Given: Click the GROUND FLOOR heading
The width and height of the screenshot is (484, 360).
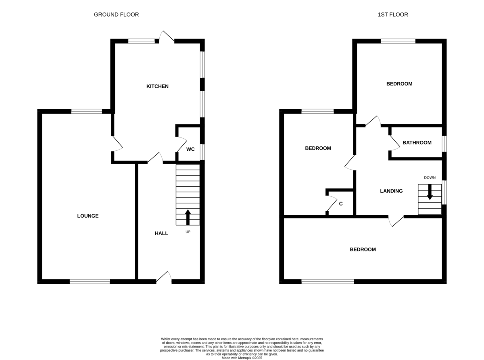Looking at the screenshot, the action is pos(116,15).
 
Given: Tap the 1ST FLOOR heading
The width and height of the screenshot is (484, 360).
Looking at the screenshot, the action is pos(393,15).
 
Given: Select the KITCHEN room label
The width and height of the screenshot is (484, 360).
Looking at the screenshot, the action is pos(157,86).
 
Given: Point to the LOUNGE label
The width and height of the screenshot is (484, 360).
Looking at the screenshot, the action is pos(88,216).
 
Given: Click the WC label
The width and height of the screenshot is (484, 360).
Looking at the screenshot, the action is pos(190,149).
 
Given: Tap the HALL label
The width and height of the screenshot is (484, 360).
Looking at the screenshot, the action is pos(161,233).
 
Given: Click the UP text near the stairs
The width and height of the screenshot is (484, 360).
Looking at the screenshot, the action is pos(188,232).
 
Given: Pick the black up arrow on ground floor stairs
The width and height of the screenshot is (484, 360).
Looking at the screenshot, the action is pos(188,217).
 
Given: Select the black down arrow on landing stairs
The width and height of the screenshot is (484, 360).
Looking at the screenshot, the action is pos(430,192).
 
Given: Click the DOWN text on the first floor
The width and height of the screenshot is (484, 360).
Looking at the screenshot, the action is pos(430,178).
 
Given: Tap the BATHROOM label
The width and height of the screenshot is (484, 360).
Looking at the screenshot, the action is pos(417,143).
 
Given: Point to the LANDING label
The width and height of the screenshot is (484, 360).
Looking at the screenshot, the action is pos(391,191).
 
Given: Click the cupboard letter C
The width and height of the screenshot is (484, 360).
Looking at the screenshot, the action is pos(341,204).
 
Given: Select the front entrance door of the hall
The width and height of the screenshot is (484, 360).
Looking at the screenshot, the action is pos(164,277).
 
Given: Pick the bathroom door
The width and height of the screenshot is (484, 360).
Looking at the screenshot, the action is pos(394,143).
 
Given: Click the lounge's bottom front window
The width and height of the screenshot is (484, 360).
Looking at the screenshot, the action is pos(90,281).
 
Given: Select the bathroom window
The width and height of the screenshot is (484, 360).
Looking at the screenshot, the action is pos(444,144).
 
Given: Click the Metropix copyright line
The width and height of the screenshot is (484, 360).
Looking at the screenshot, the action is pos(242,358).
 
